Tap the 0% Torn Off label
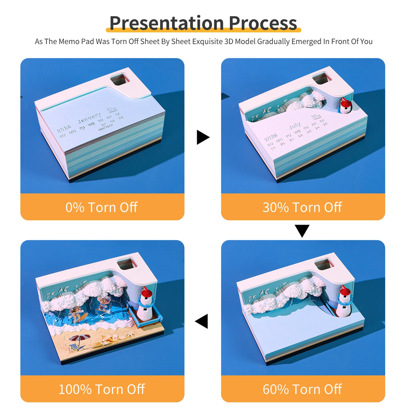tap(102, 207)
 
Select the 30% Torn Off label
tap(302, 207)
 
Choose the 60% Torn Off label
tap(302, 389)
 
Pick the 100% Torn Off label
tap(102, 389)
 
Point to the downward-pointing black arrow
tap(302, 230)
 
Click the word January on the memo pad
tap(89, 118)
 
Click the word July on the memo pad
tap(295, 126)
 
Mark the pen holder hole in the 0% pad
tap(120, 79)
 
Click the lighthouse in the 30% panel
tap(345, 106)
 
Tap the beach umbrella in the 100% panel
tap(80, 338)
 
